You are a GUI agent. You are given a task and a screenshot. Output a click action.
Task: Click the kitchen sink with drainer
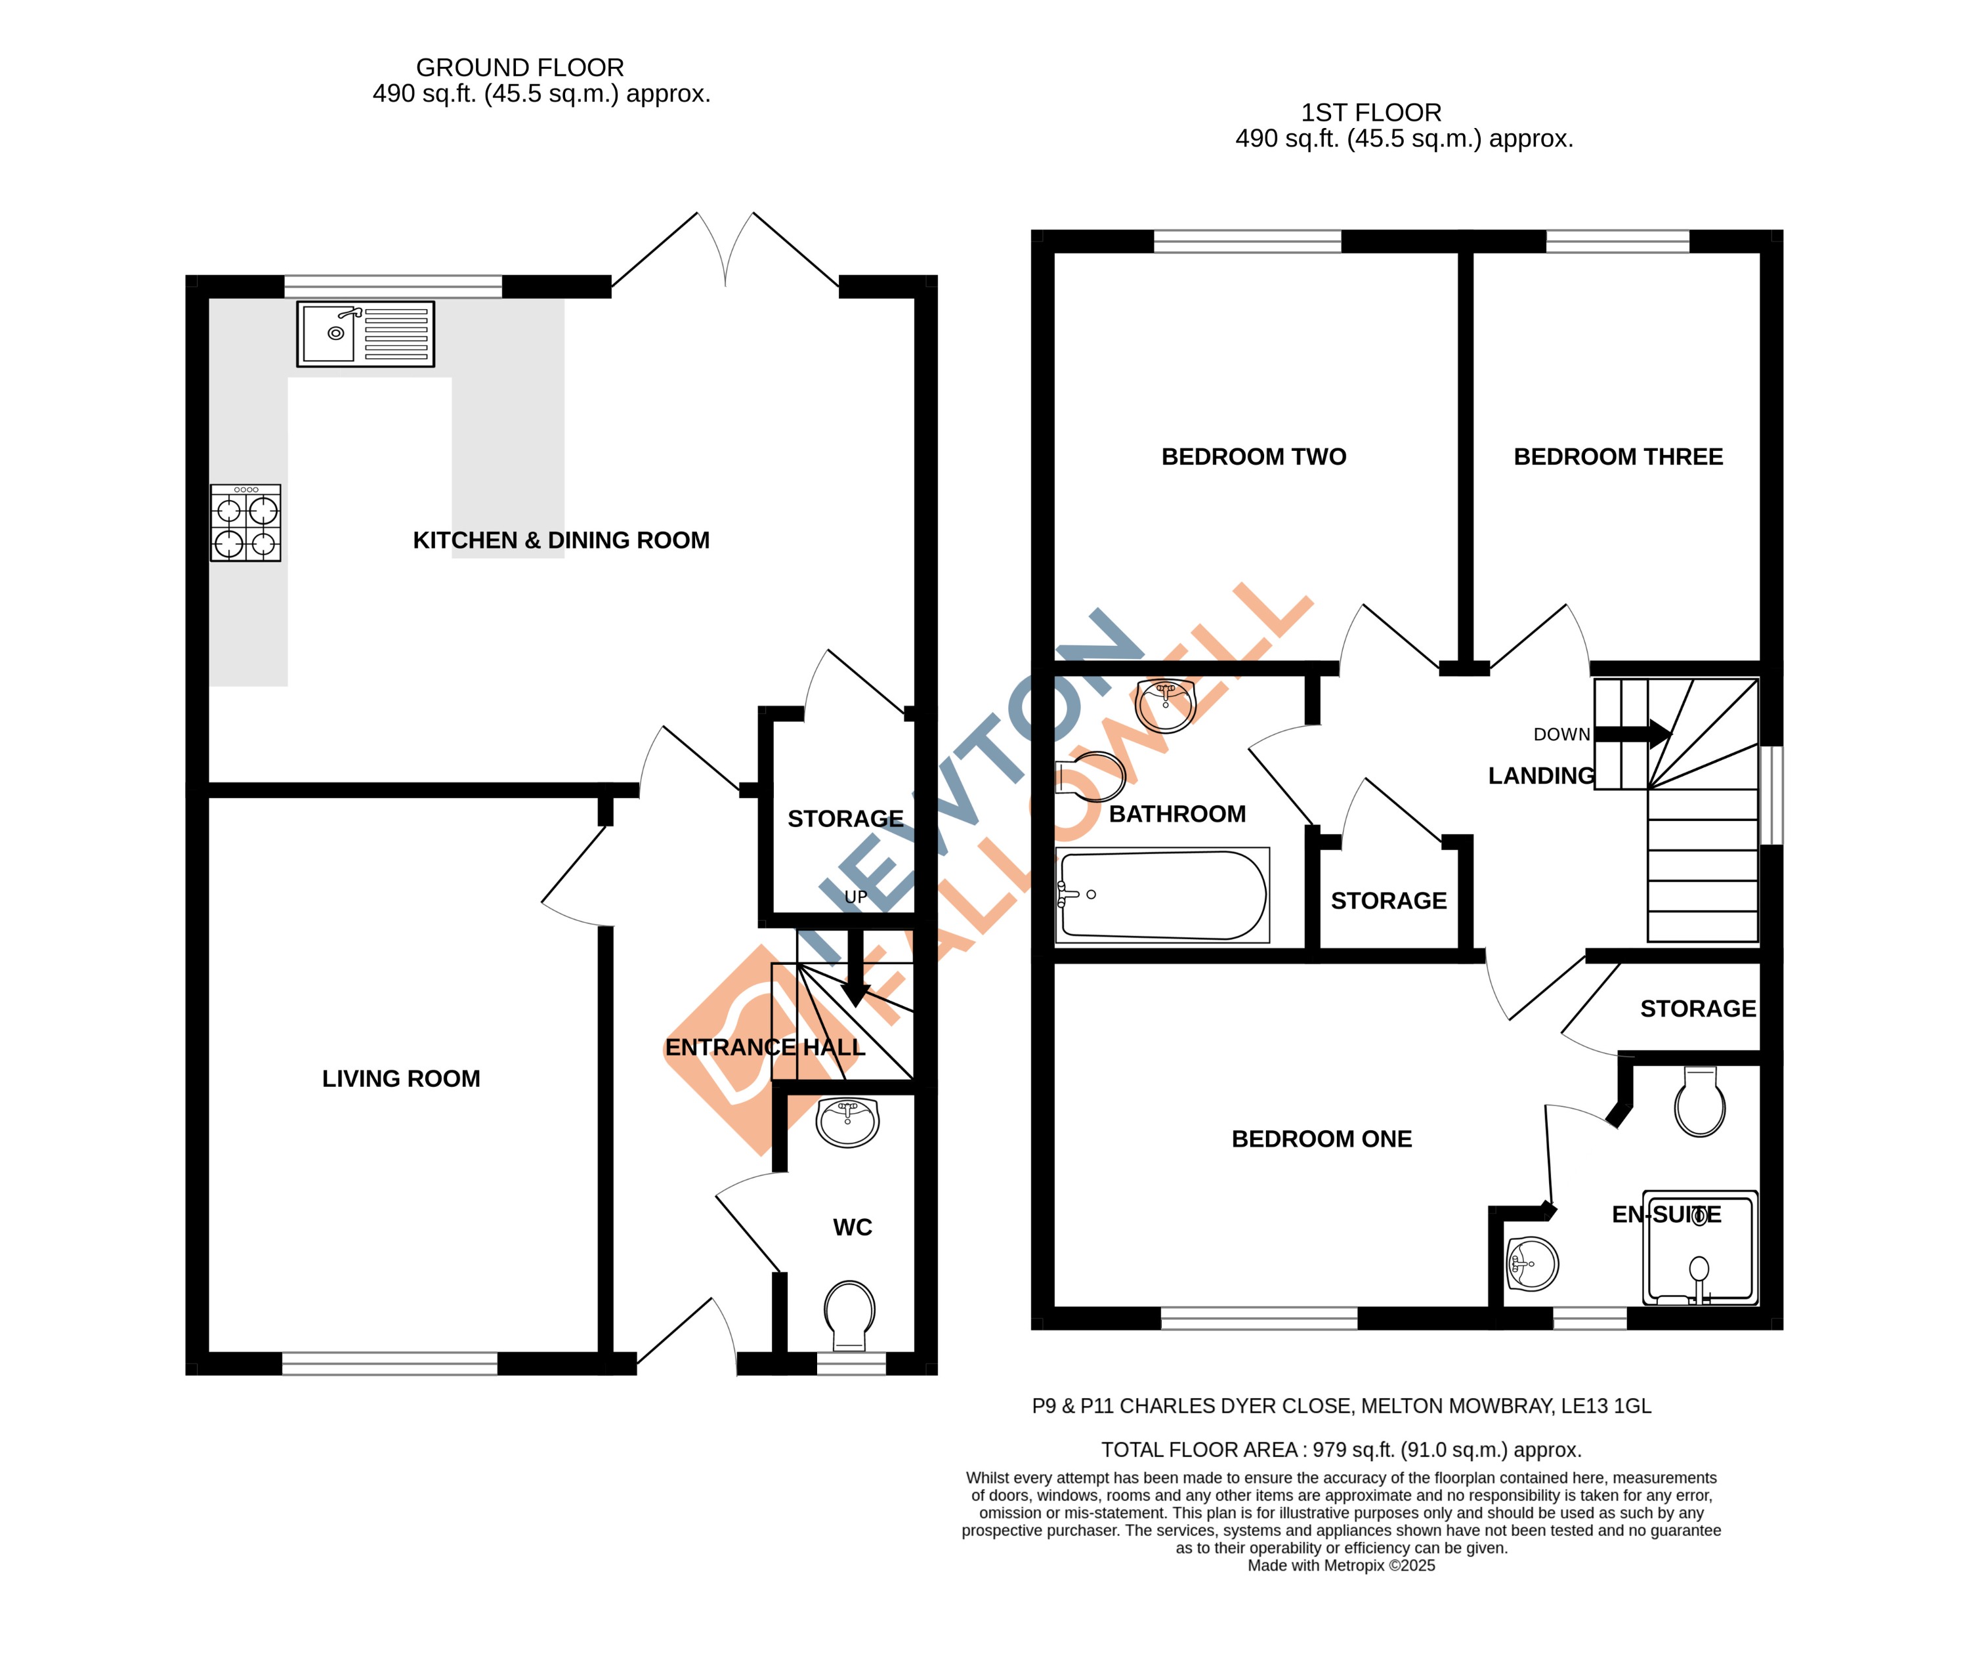pyautogui.click(x=366, y=334)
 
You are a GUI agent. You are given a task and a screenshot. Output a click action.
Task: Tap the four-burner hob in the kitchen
pyautogui.click(x=245, y=523)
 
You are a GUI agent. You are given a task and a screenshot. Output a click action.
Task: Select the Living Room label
pyautogui.click(x=400, y=1079)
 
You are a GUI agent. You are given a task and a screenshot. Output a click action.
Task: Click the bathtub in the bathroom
pyautogui.click(x=1162, y=895)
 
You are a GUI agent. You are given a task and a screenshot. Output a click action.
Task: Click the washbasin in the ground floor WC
pyautogui.click(x=847, y=1122)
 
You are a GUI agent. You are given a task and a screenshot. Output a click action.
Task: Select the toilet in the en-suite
pyautogui.click(x=1700, y=1103)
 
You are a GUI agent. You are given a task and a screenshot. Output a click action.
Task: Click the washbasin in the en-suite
pyautogui.click(x=1532, y=1264)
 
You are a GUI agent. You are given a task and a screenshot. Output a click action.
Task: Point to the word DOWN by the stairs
pyautogui.click(x=1562, y=735)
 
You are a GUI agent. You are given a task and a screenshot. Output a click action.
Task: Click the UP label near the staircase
pyautogui.click(x=856, y=897)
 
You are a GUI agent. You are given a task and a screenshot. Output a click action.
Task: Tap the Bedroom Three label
pyautogui.click(x=1619, y=457)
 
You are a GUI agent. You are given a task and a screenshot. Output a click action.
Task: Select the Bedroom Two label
pyautogui.click(x=1254, y=457)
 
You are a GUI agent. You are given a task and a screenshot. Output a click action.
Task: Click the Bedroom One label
pyautogui.click(x=1321, y=1139)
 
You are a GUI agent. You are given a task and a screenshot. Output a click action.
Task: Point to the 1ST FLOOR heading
pyautogui.click(x=1371, y=112)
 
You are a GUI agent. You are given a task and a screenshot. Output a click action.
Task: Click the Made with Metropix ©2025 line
pyautogui.click(x=1341, y=1566)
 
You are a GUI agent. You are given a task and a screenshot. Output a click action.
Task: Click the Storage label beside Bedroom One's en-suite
pyautogui.click(x=1698, y=1009)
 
